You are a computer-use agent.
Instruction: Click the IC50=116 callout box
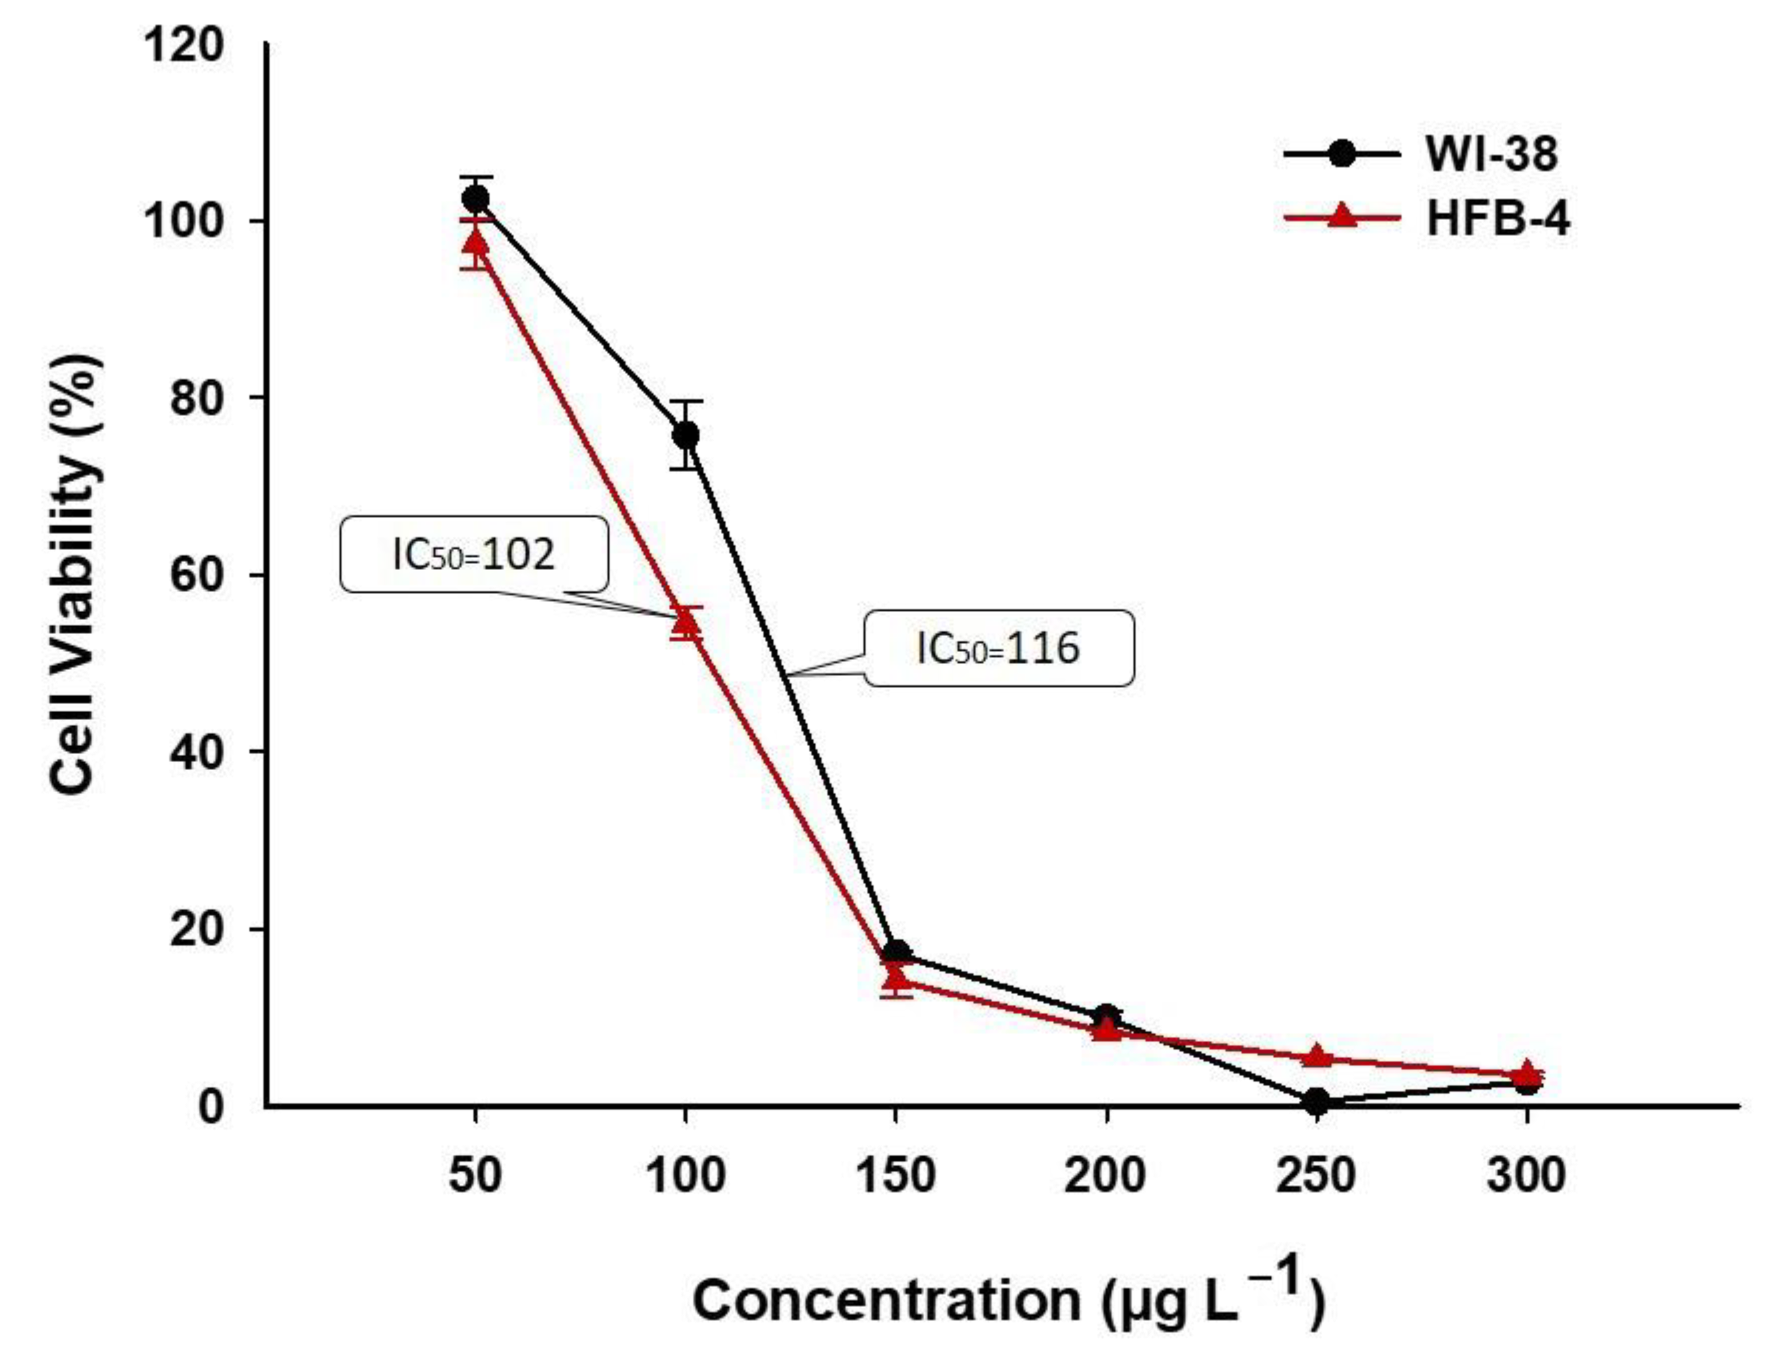point(998,648)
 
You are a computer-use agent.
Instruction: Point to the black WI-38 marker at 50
point(475,198)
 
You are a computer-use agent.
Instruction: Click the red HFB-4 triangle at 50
point(475,241)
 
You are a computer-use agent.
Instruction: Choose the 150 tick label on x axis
point(894,1175)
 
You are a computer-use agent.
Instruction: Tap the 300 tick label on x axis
point(1525,1175)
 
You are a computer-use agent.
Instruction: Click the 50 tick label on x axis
point(475,1175)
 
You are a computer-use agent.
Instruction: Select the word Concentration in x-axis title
point(884,1300)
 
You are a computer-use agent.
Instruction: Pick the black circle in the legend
point(1341,153)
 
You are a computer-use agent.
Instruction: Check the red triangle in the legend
point(1341,216)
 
